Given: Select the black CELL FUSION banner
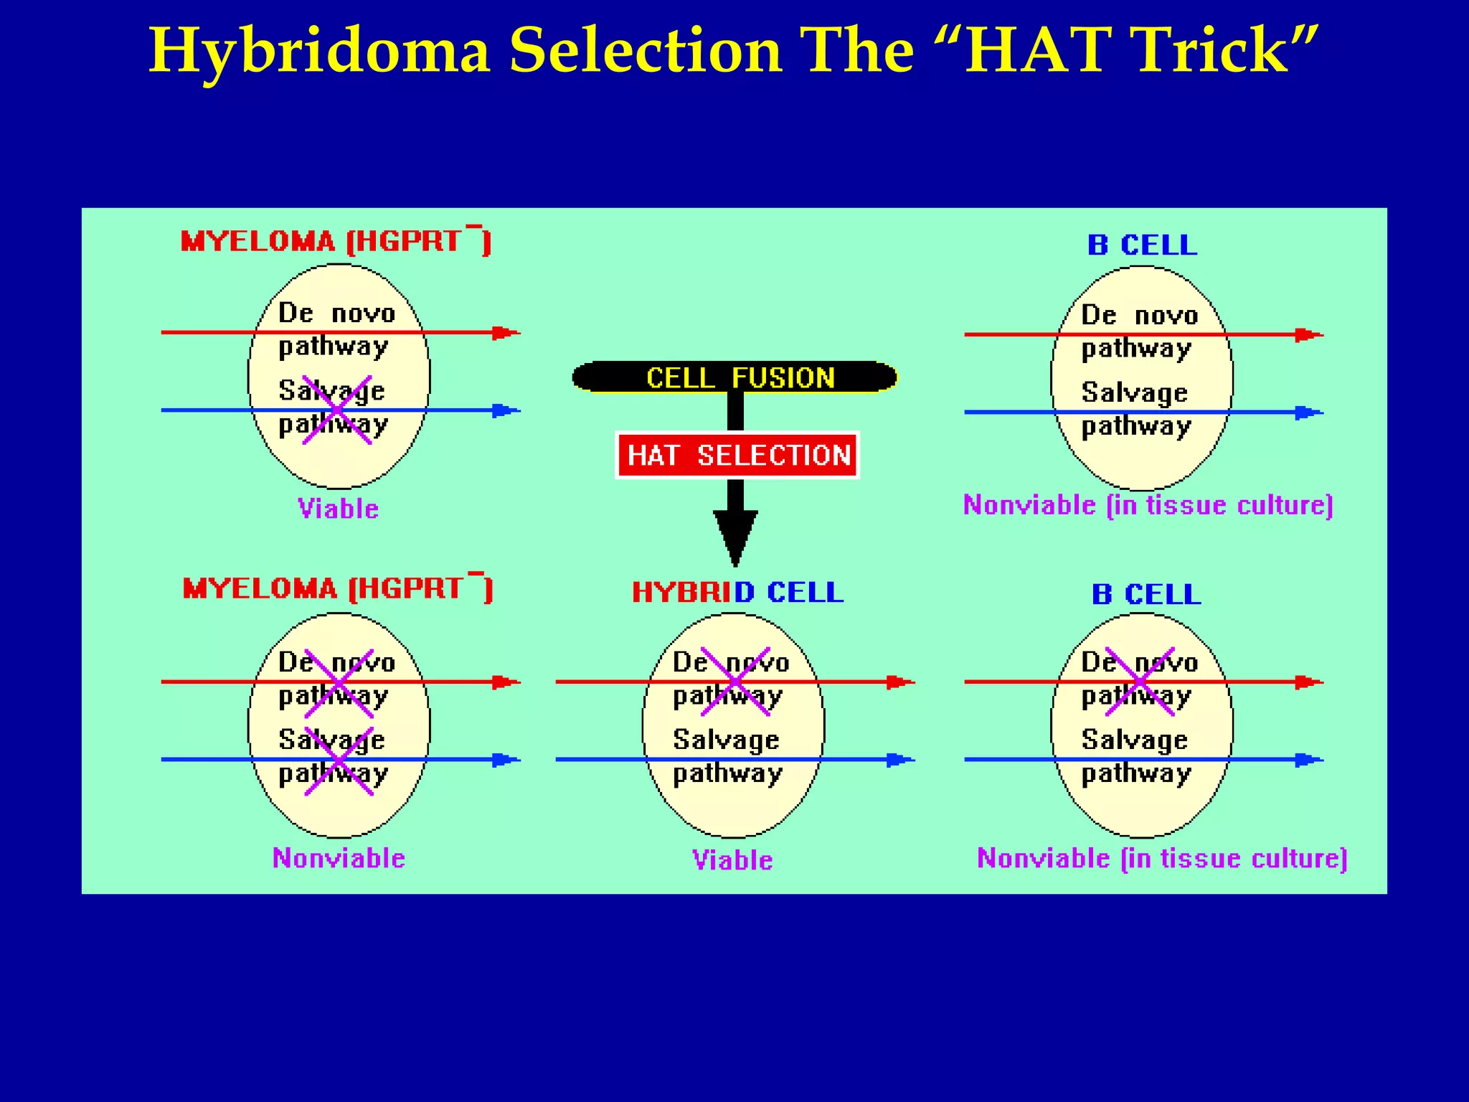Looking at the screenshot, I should pyautogui.click(x=735, y=377).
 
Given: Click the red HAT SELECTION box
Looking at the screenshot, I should pyautogui.click(x=737, y=455).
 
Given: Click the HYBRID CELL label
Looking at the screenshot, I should pyautogui.click(x=737, y=593).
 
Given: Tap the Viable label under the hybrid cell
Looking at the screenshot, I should pyautogui.click(x=732, y=860).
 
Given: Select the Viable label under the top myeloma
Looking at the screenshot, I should pyautogui.click(x=338, y=509).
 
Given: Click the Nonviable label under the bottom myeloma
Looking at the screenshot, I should pyautogui.click(x=339, y=858).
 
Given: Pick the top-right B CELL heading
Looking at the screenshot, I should pyautogui.click(x=1142, y=245).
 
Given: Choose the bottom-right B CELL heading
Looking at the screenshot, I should pyautogui.click(x=1146, y=594).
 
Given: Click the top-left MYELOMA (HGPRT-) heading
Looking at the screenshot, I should pyautogui.click(x=336, y=241).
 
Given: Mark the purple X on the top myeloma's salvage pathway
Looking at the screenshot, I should pyautogui.click(x=337, y=410).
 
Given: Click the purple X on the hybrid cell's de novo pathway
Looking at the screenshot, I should pyautogui.click(x=735, y=681).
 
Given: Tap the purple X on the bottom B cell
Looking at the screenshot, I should pyautogui.click(x=1140, y=681).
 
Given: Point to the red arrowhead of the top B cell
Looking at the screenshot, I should pyautogui.click(x=1307, y=335).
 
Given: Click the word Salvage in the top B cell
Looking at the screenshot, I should pyautogui.click(x=1134, y=392).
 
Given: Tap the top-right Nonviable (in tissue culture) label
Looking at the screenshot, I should pyautogui.click(x=1148, y=505).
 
